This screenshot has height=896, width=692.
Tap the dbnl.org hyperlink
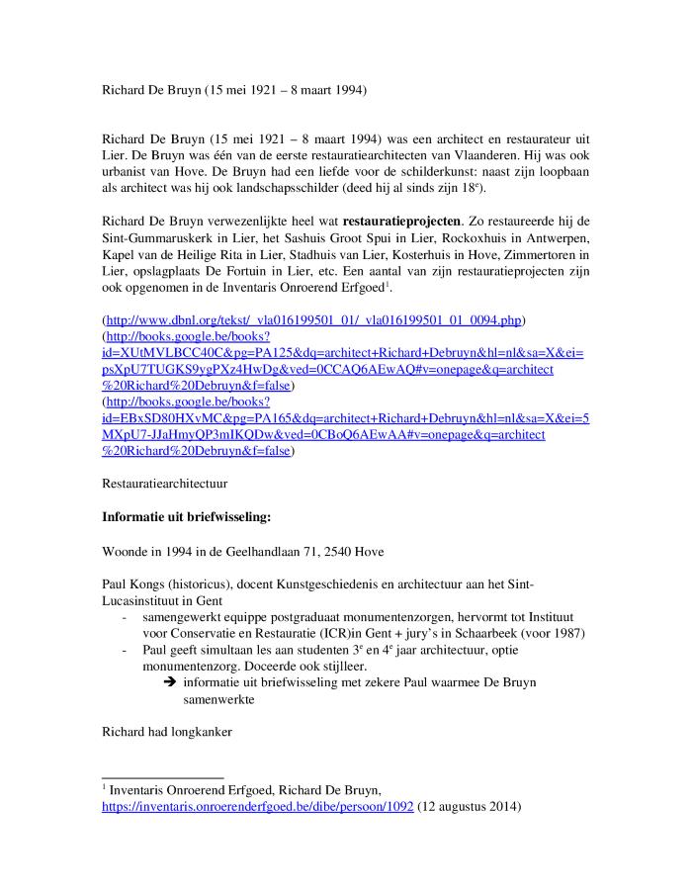314,320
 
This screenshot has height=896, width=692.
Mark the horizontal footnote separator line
163,778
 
